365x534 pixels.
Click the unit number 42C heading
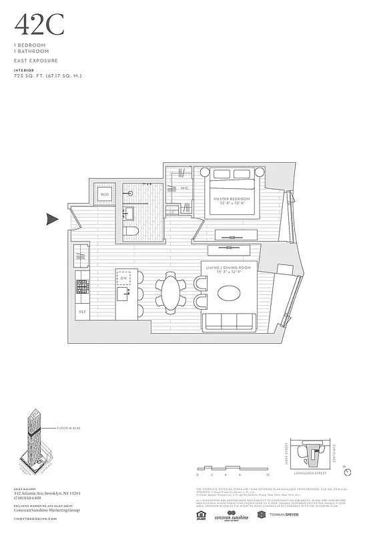(39, 26)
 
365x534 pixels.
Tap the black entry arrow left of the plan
(52, 219)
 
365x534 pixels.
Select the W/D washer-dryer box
(105, 194)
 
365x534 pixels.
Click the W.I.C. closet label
(184, 188)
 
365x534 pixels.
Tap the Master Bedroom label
(232, 201)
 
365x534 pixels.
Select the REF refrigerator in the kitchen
(83, 311)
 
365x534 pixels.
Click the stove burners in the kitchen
(83, 288)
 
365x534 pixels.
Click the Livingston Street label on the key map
(308, 475)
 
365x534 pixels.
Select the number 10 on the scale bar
(268, 475)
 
